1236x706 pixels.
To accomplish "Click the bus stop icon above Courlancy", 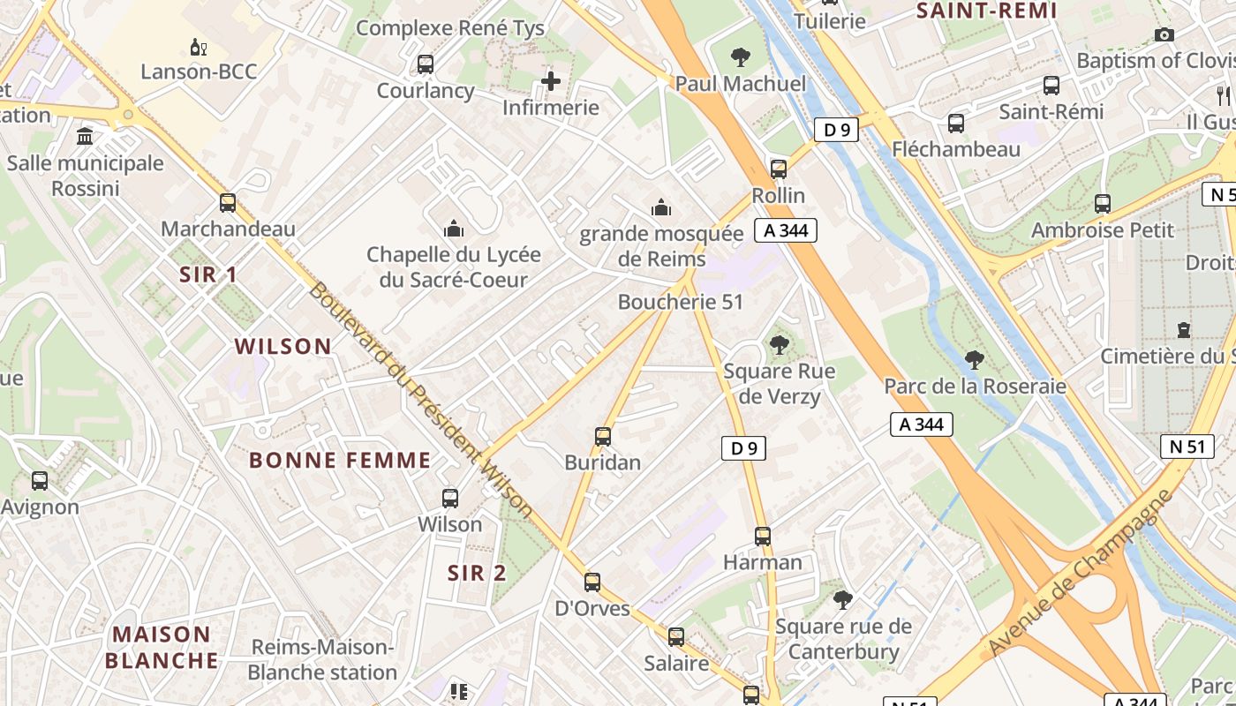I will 426,64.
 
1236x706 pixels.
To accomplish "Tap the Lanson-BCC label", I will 199,71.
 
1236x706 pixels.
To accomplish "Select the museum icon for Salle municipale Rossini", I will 86,136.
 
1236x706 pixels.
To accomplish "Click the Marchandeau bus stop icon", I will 228,203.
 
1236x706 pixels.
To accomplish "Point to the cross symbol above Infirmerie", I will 551,82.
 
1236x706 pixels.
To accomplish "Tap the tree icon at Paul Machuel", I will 741,58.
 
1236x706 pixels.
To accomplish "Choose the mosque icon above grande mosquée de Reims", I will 661,208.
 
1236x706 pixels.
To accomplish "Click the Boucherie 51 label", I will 681,302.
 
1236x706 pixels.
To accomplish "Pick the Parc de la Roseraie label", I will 975,387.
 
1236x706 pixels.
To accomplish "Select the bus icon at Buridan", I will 603,437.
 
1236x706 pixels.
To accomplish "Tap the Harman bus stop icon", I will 763,537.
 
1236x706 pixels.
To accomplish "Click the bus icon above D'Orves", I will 592,582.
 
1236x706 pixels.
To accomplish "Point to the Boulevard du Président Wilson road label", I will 420,400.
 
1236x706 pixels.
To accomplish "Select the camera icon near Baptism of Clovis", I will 1164,35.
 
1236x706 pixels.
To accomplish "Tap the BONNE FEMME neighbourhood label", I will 340,460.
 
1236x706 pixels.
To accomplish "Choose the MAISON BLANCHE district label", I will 162,647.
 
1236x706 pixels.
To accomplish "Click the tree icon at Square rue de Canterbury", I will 843,600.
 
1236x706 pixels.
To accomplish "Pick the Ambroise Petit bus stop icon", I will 1103,204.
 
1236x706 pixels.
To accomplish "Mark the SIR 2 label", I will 477,573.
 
